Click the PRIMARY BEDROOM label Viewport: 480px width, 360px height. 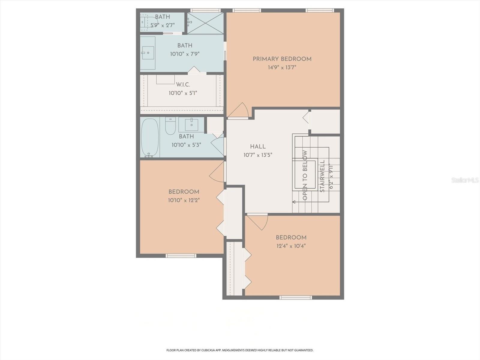pyautogui.click(x=282, y=59)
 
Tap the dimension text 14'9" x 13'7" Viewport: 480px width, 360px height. pyautogui.click(x=282, y=67)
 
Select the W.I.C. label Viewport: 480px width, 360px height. pyautogui.click(x=183, y=85)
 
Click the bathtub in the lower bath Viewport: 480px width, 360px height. pyautogui.click(x=150, y=137)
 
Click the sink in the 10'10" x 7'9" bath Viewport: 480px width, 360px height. pyautogui.click(x=148, y=53)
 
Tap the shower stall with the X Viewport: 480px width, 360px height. pyautogui.click(x=205, y=23)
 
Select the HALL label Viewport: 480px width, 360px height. pyautogui.click(x=258, y=147)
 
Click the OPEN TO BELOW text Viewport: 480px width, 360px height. pyautogui.click(x=305, y=175)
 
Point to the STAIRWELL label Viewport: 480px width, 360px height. pyautogui.click(x=322, y=176)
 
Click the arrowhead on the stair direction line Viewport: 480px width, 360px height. pyautogui.click(x=294, y=202)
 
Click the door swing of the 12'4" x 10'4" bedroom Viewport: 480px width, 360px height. pyautogui.click(x=258, y=222)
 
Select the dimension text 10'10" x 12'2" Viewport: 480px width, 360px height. pyautogui.click(x=184, y=200)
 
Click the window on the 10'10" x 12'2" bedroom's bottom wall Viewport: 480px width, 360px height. pyautogui.click(x=181, y=256)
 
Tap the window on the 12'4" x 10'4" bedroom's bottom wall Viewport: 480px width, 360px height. pyautogui.click(x=296, y=297)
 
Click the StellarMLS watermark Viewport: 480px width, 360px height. pyautogui.click(x=465, y=180)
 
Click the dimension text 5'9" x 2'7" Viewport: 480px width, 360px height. pyautogui.click(x=162, y=25)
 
